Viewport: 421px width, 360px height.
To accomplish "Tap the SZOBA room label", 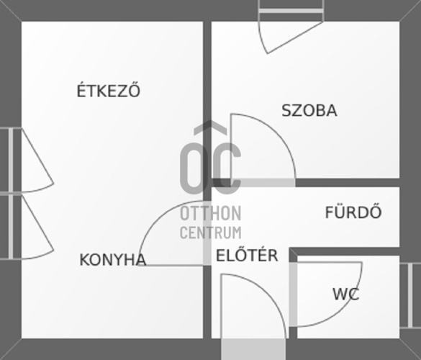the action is [x=309, y=110].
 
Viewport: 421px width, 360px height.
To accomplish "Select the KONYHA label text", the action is [x=113, y=260].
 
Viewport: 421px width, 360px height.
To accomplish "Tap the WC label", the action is [x=346, y=294].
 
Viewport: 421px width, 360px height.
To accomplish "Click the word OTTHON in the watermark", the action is [x=210, y=213].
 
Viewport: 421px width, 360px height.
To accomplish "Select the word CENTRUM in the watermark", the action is [x=210, y=233].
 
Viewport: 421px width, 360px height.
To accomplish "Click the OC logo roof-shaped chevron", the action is [x=210, y=127].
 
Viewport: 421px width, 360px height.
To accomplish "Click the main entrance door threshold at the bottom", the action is [x=253, y=349].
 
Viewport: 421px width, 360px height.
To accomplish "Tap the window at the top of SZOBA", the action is [x=291, y=11].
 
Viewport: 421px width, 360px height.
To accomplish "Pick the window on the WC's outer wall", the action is [x=410, y=295].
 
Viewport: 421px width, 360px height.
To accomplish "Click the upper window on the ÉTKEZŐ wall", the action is [x=11, y=161].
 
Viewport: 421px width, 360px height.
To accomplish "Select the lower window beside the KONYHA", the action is [x=11, y=227].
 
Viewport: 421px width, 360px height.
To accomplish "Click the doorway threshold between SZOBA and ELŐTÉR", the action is [x=263, y=183].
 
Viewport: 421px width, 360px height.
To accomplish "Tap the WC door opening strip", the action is [x=293, y=294].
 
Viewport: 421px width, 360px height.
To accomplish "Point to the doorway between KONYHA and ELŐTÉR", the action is [x=207, y=233].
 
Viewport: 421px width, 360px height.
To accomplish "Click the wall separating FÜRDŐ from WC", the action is [x=345, y=251].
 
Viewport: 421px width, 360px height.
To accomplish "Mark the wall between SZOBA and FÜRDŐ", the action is [x=348, y=183].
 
